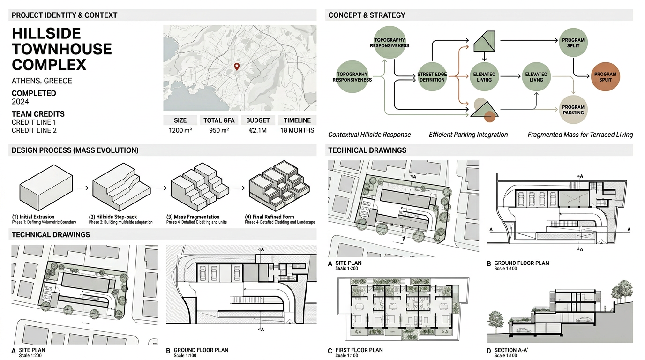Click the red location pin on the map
click(237, 67)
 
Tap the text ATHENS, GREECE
click(42, 81)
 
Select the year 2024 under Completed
click(20, 102)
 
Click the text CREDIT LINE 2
click(34, 130)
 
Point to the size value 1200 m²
click(180, 130)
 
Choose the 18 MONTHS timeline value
click(297, 130)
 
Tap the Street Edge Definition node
click(432, 77)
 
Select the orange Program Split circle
click(605, 77)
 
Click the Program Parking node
click(573, 110)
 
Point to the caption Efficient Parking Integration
click(468, 135)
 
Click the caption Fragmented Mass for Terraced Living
click(580, 135)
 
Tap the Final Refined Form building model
click(274, 185)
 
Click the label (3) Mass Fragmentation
click(193, 217)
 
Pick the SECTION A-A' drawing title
click(516, 350)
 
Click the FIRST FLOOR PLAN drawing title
click(359, 350)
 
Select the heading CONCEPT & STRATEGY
click(367, 15)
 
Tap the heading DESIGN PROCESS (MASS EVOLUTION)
click(75, 150)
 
